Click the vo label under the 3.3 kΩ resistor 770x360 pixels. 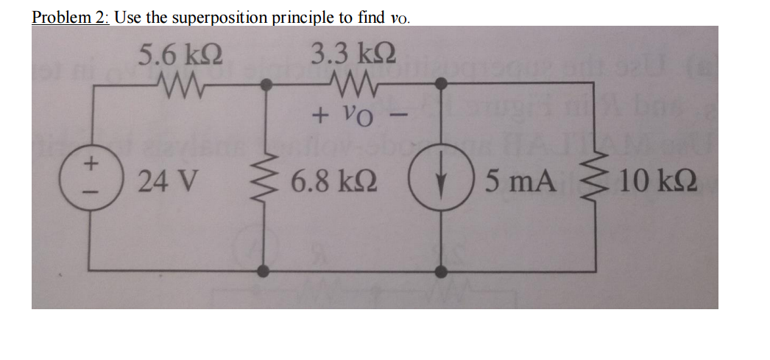(353, 116)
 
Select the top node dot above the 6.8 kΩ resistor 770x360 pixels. (266, 85)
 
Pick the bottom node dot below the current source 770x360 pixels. (441, 271)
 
